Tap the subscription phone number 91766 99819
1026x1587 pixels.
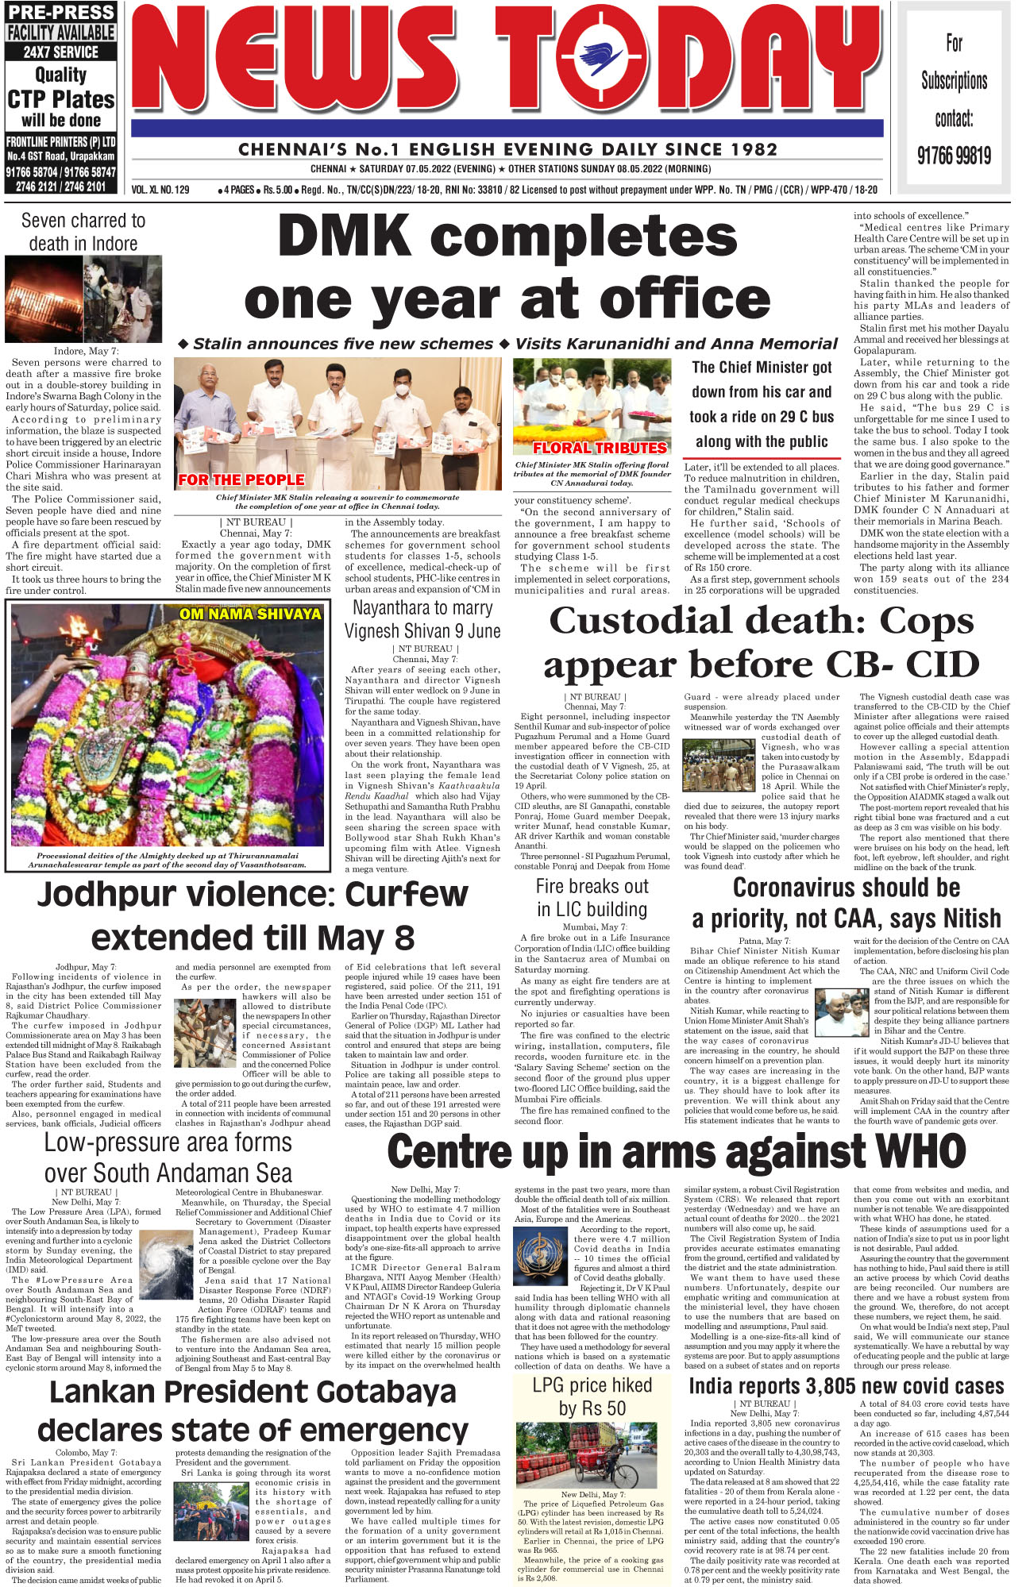[x=954, y=155]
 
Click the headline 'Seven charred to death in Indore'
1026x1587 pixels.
[x=83, y=232]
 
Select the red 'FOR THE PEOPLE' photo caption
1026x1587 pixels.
[x=241, y=480]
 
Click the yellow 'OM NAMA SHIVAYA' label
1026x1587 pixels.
[x=250, y=614]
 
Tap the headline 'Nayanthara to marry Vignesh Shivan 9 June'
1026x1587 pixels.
[x=422, y=619]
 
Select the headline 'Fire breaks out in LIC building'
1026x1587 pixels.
[x=592, y=897]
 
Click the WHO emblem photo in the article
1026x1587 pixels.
[x=541, y=1254]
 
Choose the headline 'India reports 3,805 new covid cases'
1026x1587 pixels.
[x=846, y=1386]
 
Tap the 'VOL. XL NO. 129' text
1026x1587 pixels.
[x=160, y=190]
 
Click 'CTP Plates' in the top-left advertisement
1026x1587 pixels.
[x=61, y=99]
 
